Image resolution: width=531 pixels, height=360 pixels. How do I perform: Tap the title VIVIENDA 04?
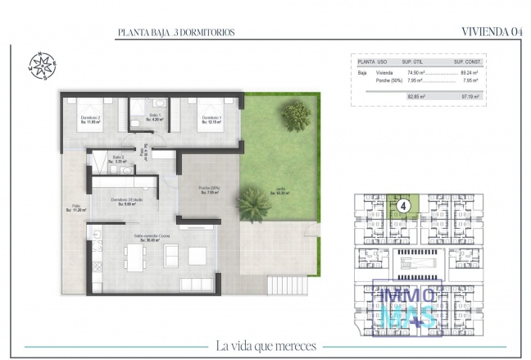click(492, 32)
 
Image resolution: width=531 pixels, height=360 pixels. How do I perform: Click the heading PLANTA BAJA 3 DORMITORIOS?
click(176, 32)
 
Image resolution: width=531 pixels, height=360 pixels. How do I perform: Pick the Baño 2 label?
click(118, 160)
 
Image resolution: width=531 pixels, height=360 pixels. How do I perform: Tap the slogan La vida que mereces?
click(265, 345)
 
